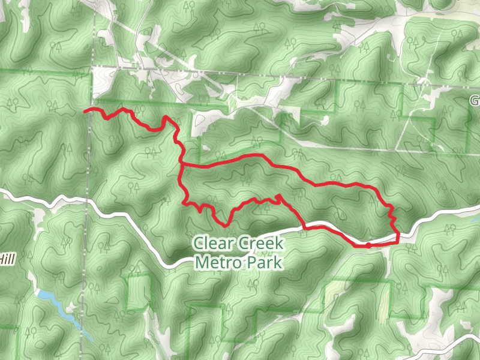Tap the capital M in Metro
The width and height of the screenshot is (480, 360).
point(201,262)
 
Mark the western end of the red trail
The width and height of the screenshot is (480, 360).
point(84,111)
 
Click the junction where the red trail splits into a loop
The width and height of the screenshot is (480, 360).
point(181,163)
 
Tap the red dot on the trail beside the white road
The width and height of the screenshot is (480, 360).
point(368,245)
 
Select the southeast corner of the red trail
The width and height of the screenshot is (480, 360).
point(398,242)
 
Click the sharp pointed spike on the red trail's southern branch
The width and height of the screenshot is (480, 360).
point(278,196)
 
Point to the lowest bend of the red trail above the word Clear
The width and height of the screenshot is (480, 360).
point(226,225)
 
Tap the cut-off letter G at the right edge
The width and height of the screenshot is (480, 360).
point(475,100)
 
